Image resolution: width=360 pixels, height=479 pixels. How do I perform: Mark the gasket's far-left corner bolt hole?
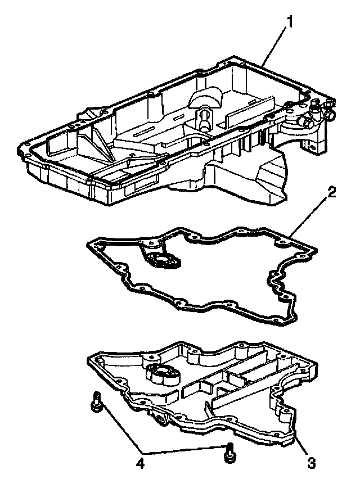click(x=97, y=245)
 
